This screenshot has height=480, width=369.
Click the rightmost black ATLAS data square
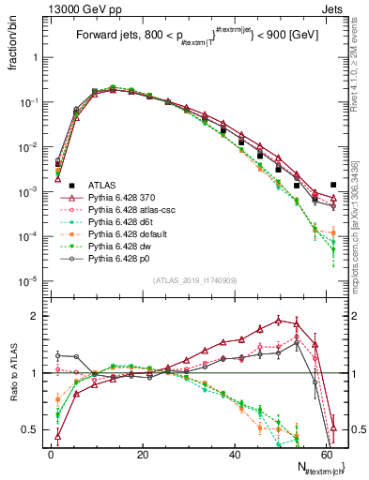pyautogui.click(x=333, y=186)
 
